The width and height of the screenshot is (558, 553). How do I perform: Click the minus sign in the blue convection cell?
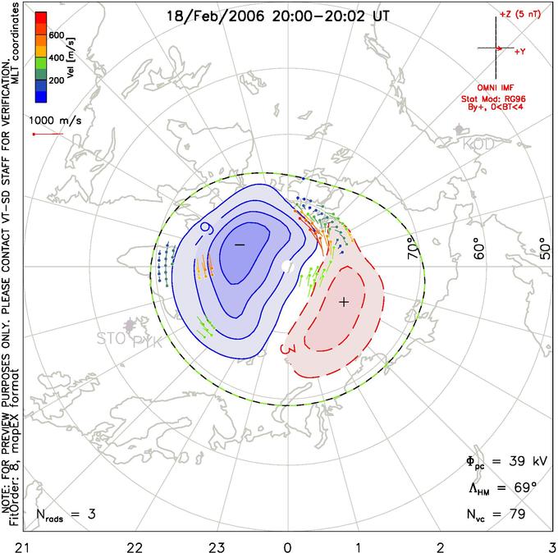(240, 245)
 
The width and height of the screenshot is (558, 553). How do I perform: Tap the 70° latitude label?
(414, 245)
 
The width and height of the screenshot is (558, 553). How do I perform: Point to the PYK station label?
(149, 340)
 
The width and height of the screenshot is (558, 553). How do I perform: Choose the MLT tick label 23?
(217, 544)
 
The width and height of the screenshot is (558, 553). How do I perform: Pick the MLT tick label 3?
(551, 544)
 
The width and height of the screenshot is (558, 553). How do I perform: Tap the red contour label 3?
(287, 350)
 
